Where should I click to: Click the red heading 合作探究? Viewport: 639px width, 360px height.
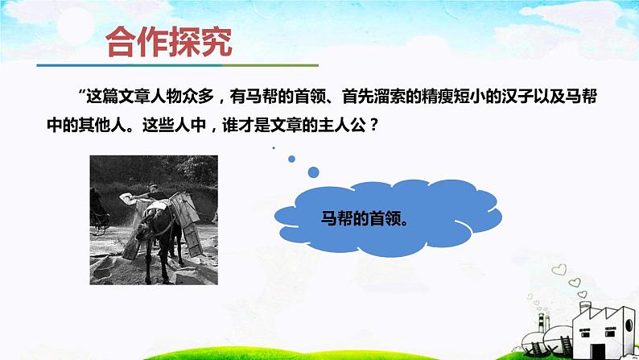169,42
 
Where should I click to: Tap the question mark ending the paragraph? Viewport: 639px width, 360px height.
373,125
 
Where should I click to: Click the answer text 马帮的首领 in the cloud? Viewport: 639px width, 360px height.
361,218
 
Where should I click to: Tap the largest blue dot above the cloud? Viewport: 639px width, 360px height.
313,172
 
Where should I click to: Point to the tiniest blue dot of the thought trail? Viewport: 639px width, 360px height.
274,147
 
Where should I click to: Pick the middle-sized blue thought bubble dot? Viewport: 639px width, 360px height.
291,159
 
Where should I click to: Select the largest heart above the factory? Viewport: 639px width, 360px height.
559,270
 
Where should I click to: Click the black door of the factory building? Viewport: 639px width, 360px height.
597,351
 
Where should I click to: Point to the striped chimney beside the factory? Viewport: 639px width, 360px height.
542,323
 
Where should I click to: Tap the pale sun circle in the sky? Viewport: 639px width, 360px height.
76,25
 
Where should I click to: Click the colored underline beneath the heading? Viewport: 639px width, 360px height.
178,65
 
